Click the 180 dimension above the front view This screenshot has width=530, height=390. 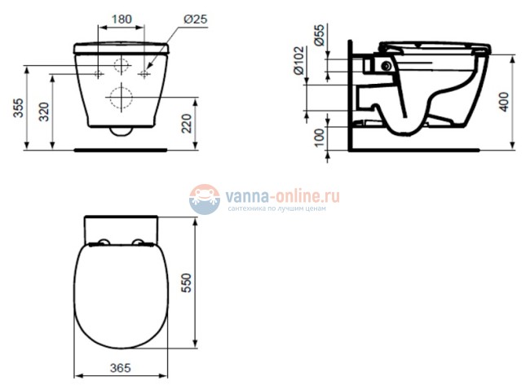(121, 18)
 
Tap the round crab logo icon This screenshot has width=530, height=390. (205, 199)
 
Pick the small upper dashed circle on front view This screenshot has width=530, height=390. (122, 65)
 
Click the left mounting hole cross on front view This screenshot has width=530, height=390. (98, 74)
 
